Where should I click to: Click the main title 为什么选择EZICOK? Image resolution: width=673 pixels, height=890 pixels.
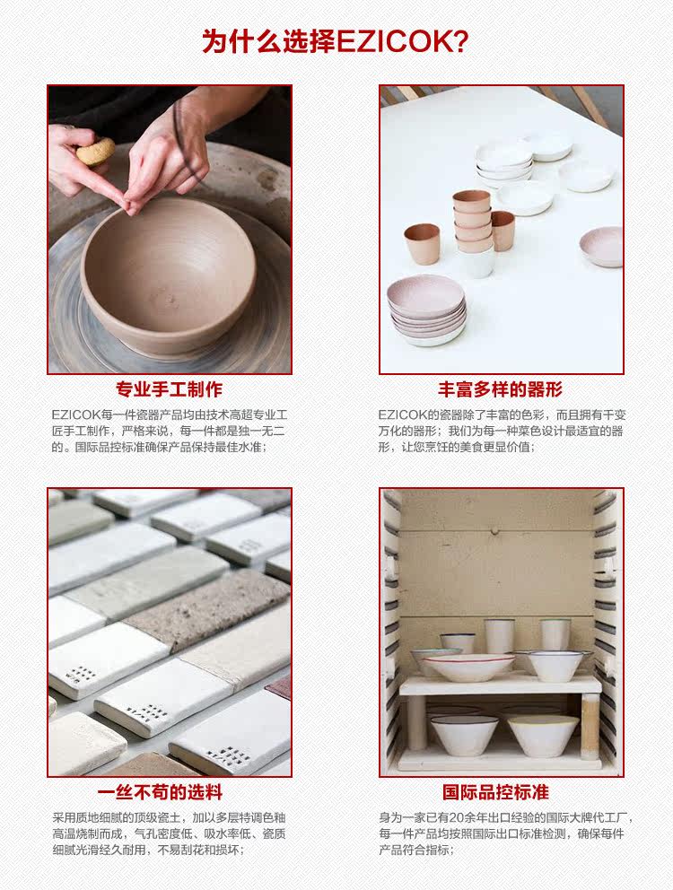(336, 41)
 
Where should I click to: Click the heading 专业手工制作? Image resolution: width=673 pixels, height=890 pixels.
(169, 389)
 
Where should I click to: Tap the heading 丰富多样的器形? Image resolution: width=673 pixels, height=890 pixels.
(500, 389)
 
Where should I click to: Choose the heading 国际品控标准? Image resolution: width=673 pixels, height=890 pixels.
(495, 792)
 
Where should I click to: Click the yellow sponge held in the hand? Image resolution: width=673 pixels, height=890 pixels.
(94, 151)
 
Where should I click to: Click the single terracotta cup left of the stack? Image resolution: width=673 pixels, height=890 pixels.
(422, 243)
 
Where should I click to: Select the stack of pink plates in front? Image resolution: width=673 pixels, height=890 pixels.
(426, 310)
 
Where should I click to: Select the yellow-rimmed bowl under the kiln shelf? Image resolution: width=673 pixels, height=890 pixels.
(544, 733)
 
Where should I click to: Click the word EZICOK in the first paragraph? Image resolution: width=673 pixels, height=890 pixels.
(75, 414)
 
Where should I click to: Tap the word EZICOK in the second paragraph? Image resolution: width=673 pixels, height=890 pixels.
(401, 414)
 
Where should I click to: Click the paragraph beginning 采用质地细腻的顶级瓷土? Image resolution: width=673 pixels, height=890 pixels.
(170, 833)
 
